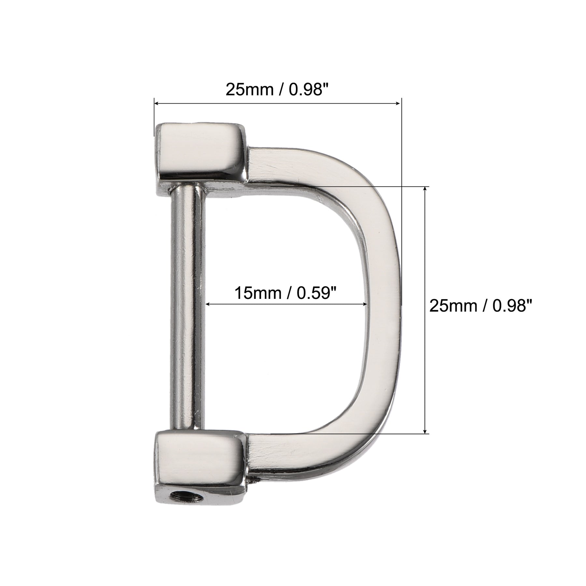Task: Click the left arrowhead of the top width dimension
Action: pyautogui.click(x=157, y=103)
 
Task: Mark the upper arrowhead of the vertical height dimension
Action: pyautogui.click(x=425, y=190)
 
